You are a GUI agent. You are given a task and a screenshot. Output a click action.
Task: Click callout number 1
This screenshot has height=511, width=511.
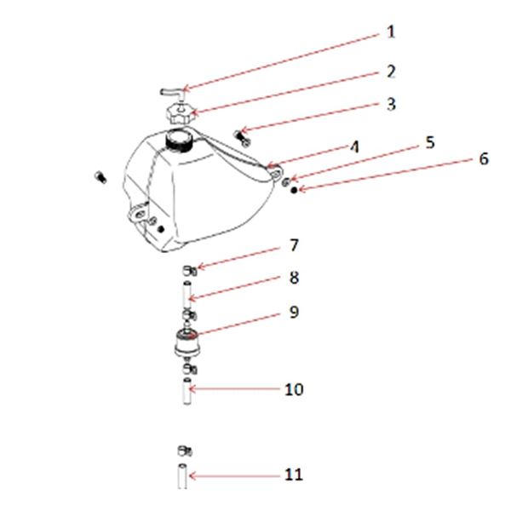[x=391, y=32]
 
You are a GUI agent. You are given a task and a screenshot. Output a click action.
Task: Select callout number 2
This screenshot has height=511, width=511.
[x=391, y=72]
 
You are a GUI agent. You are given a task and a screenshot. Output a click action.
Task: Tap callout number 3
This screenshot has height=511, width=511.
[x=391, y=104]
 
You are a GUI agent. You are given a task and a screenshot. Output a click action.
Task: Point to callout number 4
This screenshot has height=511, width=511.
[x=354, y=147]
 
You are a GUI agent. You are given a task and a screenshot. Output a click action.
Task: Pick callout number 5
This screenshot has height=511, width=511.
[x=430, y=142]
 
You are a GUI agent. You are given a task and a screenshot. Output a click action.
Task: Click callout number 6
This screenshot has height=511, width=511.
[x=484, y=158]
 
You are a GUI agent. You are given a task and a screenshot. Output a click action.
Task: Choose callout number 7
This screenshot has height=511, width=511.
[x=294, y=245]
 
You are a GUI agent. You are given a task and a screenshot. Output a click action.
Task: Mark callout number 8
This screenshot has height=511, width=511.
[x=294, y=278]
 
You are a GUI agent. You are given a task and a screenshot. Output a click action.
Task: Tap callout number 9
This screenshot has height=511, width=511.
[x=294, y=312]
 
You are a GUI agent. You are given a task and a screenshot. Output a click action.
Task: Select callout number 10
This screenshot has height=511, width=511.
[x=294, y=389]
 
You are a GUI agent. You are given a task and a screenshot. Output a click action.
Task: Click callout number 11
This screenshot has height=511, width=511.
[x=294, y=474]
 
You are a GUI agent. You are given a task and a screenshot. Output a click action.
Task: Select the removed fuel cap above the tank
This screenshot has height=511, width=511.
[x=181, y=114]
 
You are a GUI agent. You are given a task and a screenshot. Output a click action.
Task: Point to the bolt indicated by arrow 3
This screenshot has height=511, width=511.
[x=242, y=138]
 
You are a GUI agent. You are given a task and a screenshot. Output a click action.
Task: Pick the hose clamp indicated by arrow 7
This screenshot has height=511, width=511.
[x=189, y=271]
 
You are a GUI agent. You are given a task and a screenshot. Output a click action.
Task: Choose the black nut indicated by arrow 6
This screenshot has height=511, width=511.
[x=294, y=190]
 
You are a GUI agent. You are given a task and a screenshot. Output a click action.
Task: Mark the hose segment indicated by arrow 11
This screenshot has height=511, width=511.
[x=182, y=476]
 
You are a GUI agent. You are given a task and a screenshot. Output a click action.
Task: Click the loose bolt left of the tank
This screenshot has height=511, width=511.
[x=101, y=177]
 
